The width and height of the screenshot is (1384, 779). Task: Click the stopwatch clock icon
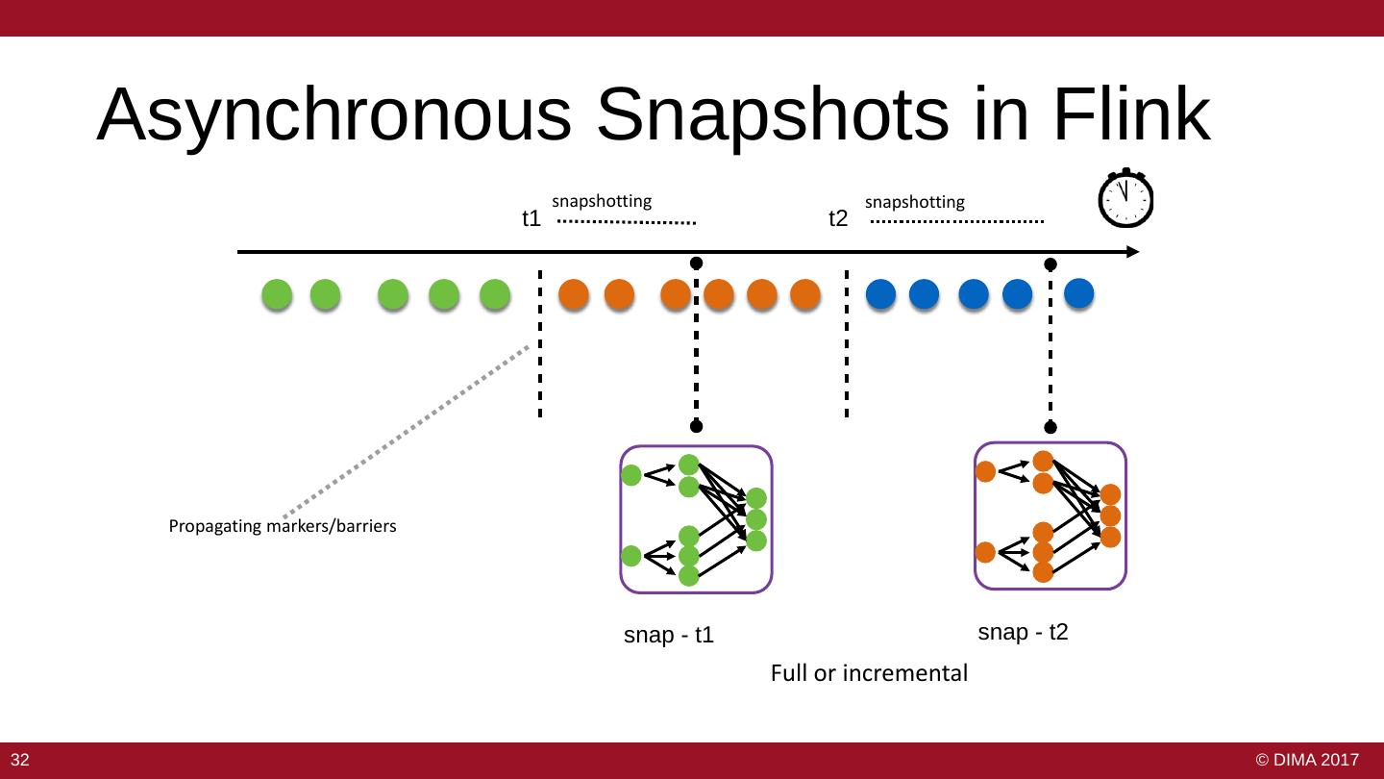coord(1124,199)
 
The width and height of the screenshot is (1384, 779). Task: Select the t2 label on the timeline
coord(838,219)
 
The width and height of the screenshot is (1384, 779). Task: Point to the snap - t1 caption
coord(669,636)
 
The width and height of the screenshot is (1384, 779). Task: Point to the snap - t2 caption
coord(1023,632)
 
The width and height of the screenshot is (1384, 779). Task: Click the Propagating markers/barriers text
coord(283,527)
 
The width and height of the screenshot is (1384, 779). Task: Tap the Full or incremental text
coord(869,673)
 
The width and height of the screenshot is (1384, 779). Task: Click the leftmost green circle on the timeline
coord(277,294)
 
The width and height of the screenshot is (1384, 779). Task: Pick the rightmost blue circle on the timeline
coord(1079,292)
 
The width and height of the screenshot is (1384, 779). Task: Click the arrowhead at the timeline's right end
coord(1133,252)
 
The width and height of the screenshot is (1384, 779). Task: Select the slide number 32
coord(20,761)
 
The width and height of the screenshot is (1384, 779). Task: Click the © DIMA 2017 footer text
coord(1307,761)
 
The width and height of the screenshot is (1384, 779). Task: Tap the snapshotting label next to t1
coord(602,202)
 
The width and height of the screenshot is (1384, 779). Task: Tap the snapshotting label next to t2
coord(915,202)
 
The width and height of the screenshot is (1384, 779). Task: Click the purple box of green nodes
coord(696,519)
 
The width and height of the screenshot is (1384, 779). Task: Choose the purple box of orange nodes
coord(1050,515)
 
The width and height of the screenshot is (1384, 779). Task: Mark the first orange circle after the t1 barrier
coord(574,294)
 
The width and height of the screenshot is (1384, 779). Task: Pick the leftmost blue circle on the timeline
coord(880,294)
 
